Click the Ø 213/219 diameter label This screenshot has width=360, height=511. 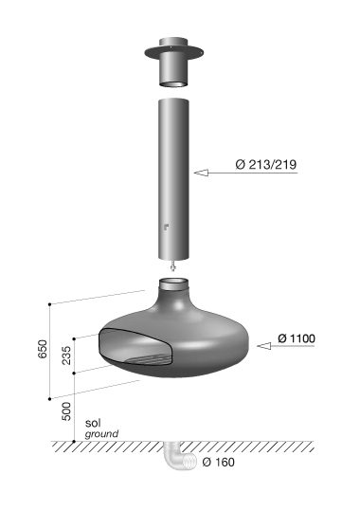tap(266, 165)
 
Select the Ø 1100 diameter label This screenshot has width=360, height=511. tap(297, 338)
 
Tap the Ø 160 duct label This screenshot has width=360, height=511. tap(218, 462)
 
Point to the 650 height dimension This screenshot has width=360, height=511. tap(43, 349)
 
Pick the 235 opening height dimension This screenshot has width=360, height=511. tap(66, 356)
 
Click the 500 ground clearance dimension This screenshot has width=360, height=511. tap(66, 411)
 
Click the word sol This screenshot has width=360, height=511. tap(93, 423)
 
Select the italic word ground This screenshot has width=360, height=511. tap(101, 434)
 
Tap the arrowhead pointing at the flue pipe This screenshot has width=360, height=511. tap(202, 173)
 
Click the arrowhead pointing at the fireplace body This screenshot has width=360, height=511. tap(264, 346)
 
